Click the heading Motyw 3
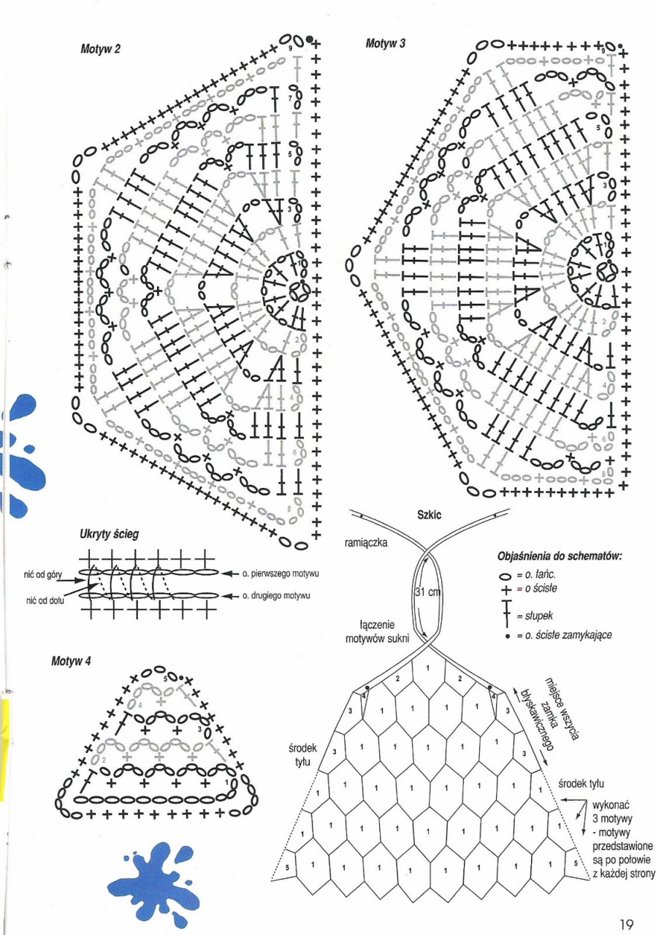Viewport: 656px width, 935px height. (x=385, y=44)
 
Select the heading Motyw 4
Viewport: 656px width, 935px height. (x=72, y=661)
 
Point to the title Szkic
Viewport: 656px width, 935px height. (x=430, y=515)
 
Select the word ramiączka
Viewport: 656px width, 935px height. (x=367, y=543)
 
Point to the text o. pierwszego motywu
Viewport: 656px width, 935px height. (x=277, y=573)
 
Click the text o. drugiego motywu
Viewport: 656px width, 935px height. (x=275, y=595)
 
